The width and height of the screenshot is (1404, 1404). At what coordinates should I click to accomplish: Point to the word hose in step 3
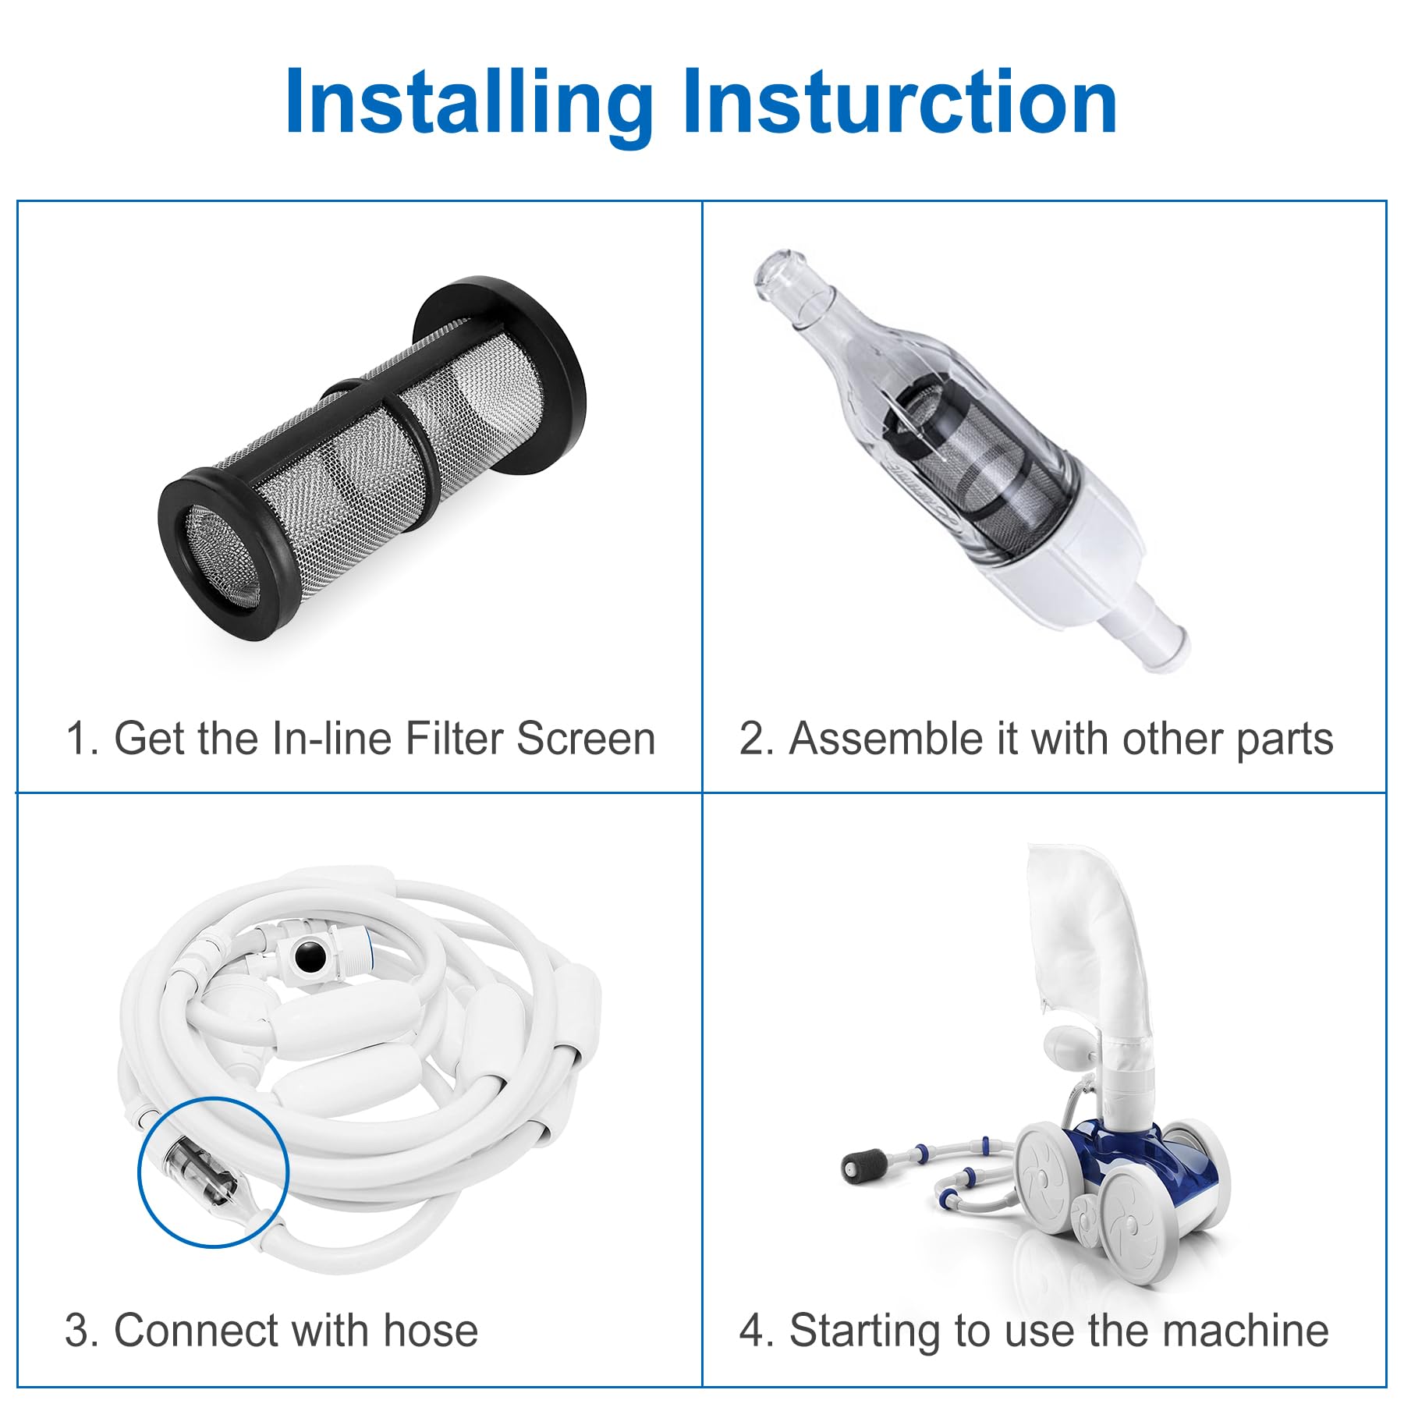point(431,1331)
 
